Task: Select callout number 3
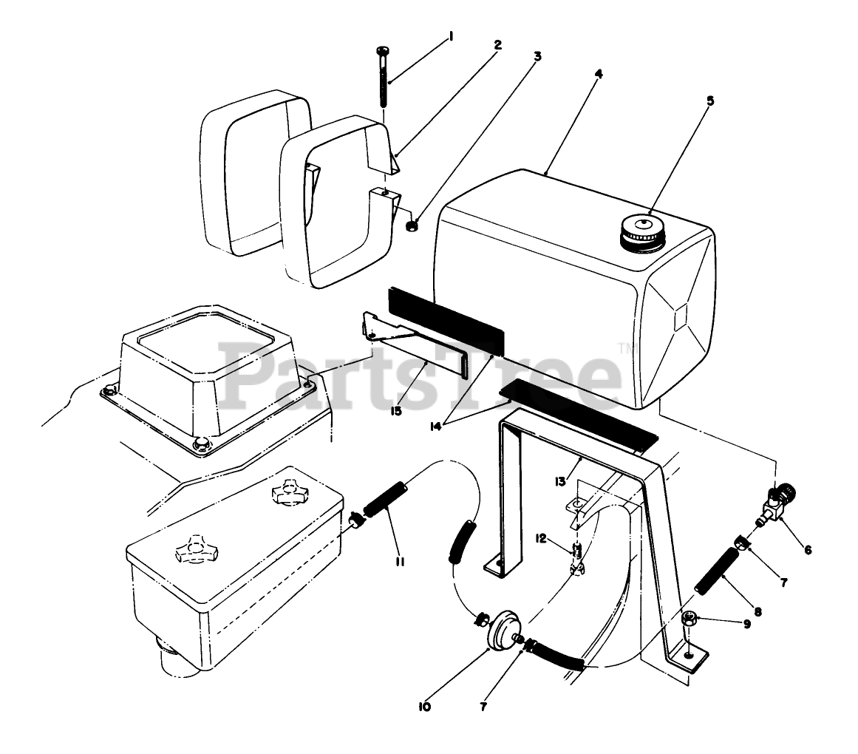[537, 56]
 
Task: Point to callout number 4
[599, 73]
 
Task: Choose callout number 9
[746, 623]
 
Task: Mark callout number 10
[424, 707]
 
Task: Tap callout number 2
[497, 44]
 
